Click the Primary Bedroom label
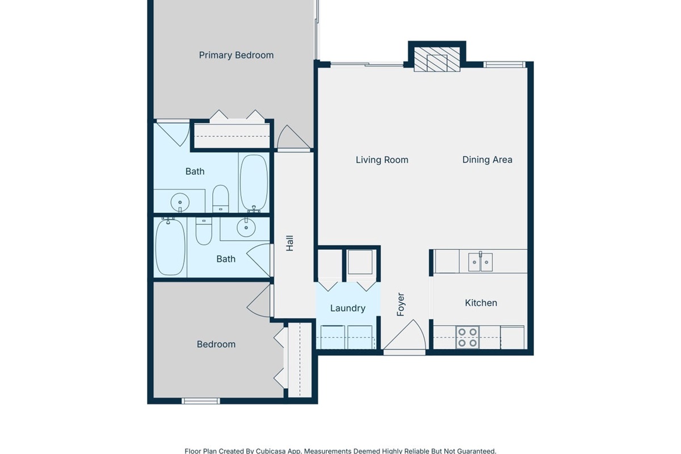coord(236,56)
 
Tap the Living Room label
coord(382,160)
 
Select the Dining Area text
coord(487,159)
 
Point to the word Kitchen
coord(481,303)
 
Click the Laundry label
coord(348,308)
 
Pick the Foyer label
coord(401,304)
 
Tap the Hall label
coord(290,243)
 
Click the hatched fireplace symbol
coord(437,59)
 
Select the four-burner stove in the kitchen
coord(467,338)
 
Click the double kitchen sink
coord(480,262)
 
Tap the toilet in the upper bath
coord(220,199)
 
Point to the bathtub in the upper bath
coord(254,183)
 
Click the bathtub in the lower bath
coord(170,246)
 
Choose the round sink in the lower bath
coord(246,227)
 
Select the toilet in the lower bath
coord(204,231)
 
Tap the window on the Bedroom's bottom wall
coord(201,401)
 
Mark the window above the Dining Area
coord(505,65)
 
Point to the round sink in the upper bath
coord(180,202)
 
